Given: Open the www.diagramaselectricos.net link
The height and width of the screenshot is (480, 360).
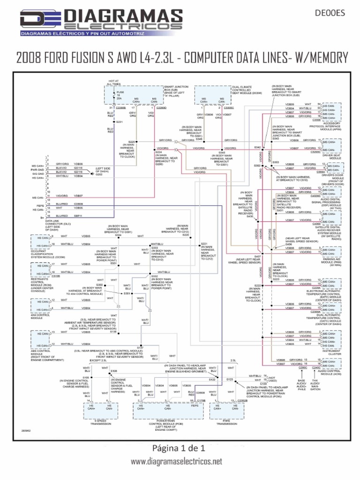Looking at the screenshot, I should coord(176,462).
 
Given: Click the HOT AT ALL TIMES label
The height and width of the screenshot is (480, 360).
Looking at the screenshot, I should coord(114,82).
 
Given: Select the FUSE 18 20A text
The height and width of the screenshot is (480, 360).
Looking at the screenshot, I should coord(121,95).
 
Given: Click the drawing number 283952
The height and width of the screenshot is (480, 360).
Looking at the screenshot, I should coord(27,430).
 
